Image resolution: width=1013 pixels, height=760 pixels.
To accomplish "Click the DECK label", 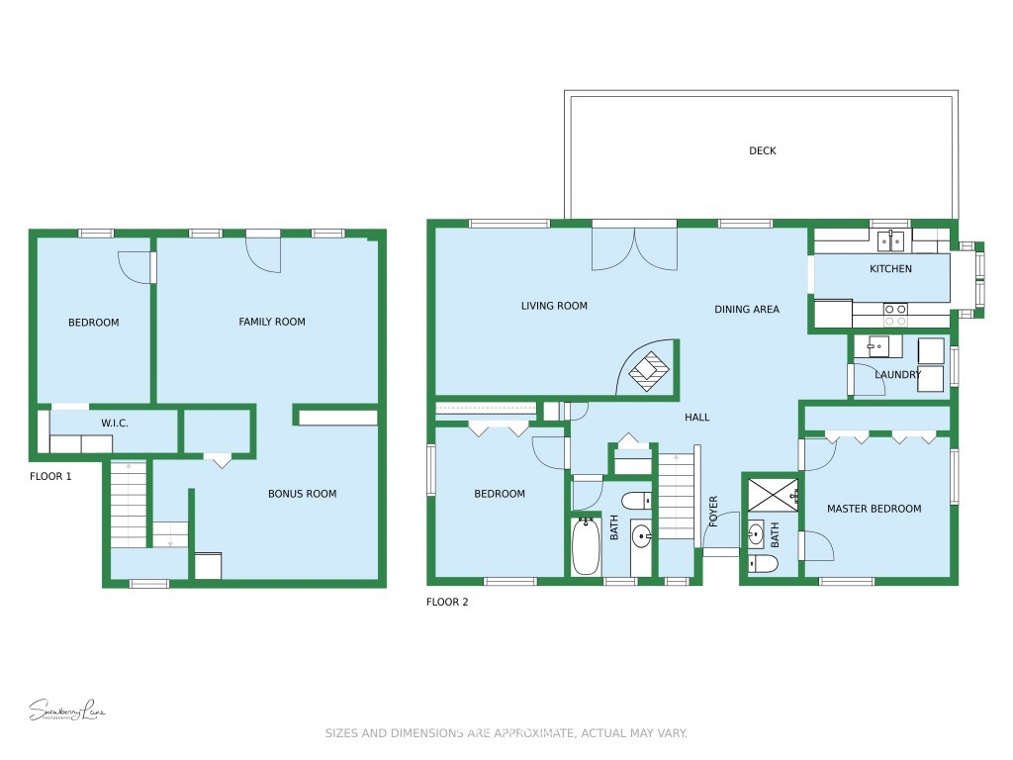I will click(762, 151).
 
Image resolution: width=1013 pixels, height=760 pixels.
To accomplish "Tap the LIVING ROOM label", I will click(554, 306).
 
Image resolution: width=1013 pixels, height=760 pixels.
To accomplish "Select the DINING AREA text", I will click(746, 310).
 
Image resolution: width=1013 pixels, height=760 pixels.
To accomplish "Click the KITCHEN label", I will click(890, 269).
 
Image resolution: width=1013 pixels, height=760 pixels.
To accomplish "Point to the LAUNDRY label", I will click(897, 375).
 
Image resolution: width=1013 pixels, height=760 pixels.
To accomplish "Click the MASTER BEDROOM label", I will click(874, 509).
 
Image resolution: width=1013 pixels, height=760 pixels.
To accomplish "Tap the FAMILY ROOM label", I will click(272, 322).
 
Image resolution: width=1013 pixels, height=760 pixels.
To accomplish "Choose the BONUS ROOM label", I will click(302, 494).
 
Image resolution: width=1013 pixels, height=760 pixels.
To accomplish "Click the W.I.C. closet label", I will click(115, 424).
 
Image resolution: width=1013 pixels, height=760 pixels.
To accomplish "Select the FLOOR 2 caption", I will click(447, 602).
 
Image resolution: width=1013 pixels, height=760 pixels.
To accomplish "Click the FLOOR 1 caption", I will click(50, 476).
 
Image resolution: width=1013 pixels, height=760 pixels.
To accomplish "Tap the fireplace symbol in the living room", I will click(650, 370).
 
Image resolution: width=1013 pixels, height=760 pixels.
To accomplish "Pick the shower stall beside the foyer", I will click(772, 495).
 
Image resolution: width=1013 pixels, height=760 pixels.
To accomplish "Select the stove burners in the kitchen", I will click(895, 315).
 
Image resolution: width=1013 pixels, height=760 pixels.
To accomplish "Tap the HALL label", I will click(696, 418).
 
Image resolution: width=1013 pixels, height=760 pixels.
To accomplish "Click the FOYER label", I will click(713, 511).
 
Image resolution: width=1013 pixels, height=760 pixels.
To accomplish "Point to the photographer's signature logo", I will click(66, 711).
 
